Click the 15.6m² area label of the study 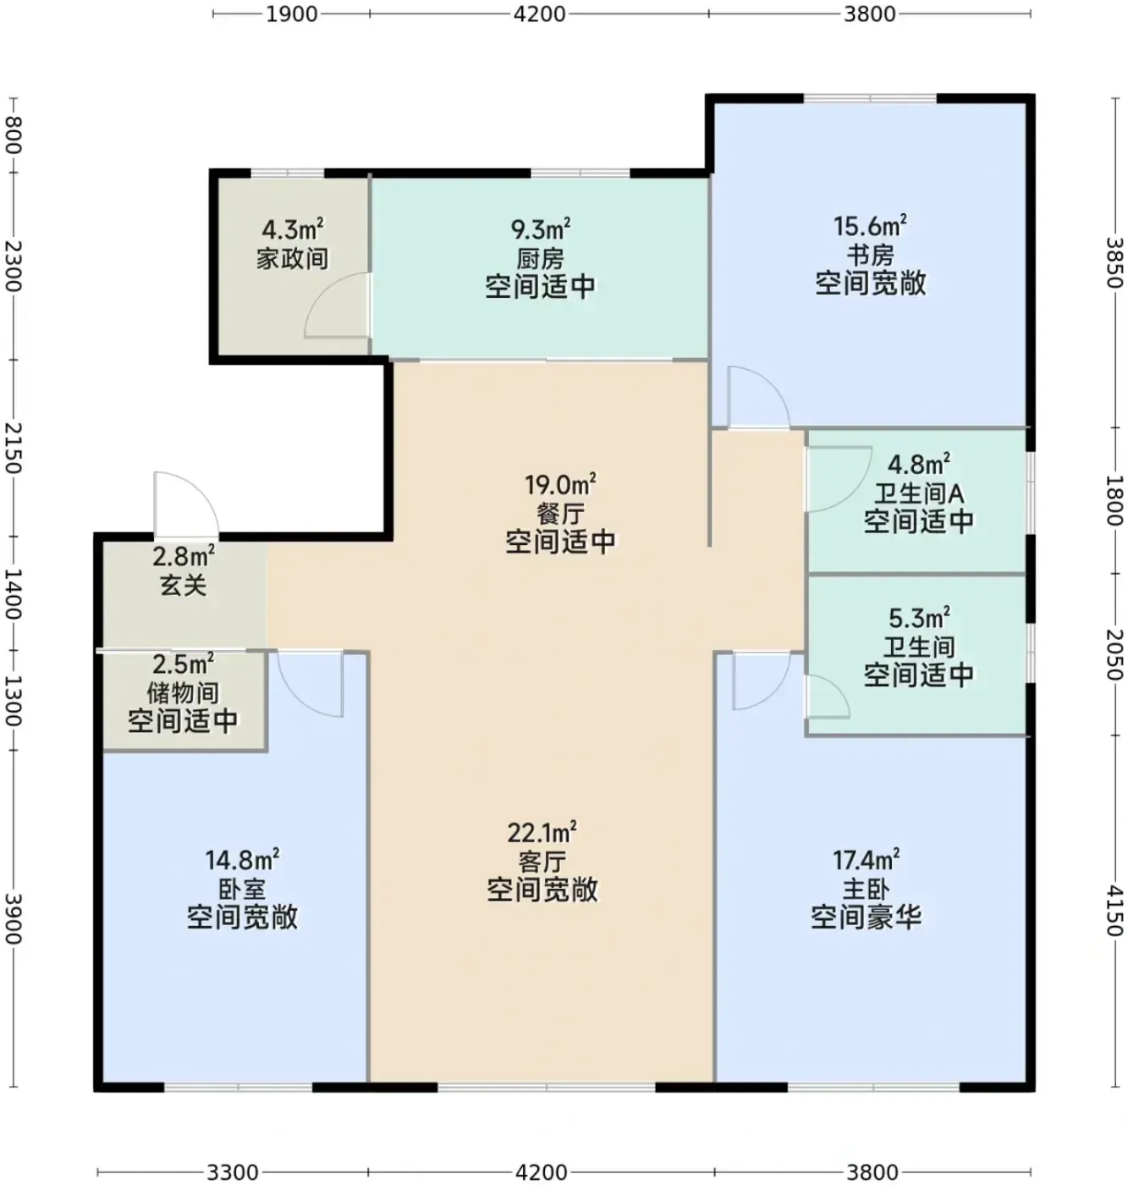coord(870,226)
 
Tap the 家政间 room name coord(292,259)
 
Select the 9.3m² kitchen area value coord(541,229)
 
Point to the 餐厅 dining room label coord(560,514)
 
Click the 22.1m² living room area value coord(542,832)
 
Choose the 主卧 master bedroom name coord(866,890)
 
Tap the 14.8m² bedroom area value coord(242,859)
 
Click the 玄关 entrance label coord(183,586)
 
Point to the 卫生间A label coord(919,494)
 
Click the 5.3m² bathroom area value coord(919,618)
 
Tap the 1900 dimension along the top coord(292,14)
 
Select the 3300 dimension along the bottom coord(233,1172)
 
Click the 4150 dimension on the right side coord(1114,910)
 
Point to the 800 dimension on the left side coord(13,135)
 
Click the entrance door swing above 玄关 coord(186,505)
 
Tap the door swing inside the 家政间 coord(337,306)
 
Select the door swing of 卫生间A coord(839,479)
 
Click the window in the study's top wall coord(870,98)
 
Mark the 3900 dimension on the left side coord(13,918)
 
